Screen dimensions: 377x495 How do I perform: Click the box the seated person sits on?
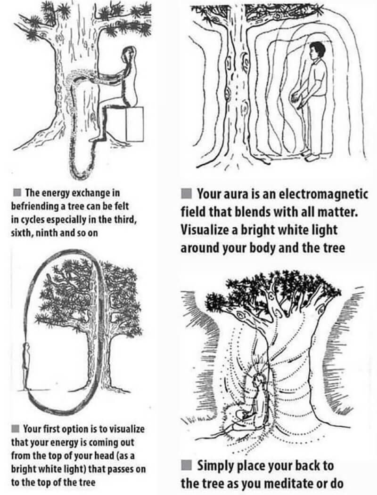pos(134,124)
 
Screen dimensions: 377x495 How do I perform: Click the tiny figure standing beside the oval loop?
pos(26,366)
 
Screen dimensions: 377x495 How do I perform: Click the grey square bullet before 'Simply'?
pos(187,465)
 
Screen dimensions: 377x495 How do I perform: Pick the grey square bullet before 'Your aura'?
pos(187,193)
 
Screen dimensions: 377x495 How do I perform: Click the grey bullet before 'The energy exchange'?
pos(18,192)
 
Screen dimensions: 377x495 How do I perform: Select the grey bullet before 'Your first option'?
pos(16,429)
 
